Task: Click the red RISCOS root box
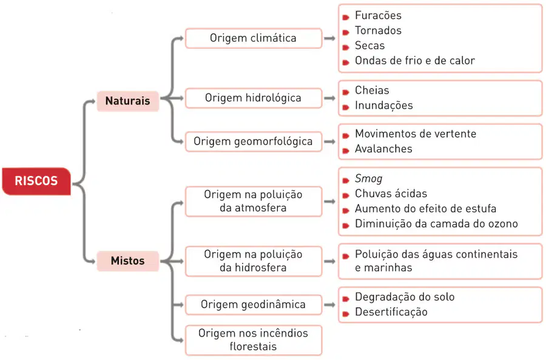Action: pos(36,181)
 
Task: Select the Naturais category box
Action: pos(128,101)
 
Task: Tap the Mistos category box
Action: pos(128,260)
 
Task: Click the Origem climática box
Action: pos(254,38)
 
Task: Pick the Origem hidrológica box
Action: pos(254,98)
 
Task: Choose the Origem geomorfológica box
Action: pos(254,141)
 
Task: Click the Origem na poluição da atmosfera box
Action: pos(254,201)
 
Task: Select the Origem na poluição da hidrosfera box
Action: pos(254,261)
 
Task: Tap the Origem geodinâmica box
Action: pos(254,305)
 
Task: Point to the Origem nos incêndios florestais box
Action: pos(254,340)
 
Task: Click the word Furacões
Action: pos(378,16)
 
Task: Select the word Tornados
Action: pos(378,31)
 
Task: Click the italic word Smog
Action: pos(369,178)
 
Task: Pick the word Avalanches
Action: pos(384,149)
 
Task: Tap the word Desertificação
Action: pos(391,312)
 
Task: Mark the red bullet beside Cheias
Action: pos(346,92)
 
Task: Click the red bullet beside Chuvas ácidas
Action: pos(346,195)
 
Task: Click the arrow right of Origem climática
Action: pos(329,38)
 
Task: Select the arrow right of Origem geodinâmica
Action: pos(329,305)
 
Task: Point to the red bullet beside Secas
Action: pos(346,47)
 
